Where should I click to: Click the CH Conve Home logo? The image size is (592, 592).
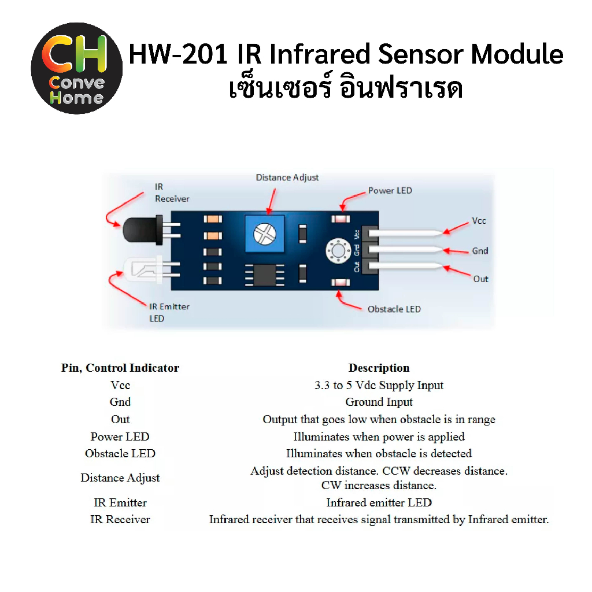point(77,68)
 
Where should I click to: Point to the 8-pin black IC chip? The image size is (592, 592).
point(264,273)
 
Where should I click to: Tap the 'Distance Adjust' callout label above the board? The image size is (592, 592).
point(287,177)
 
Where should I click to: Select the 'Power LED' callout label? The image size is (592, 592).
point(390,190)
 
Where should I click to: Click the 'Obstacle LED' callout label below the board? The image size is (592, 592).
point(394,309)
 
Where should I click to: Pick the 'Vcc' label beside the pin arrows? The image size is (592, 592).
point(479,221)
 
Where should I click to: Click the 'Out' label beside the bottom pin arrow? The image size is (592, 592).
point(481,279)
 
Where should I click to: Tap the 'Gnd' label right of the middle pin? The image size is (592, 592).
point(480,251)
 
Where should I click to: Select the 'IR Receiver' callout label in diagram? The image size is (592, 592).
point(171,193)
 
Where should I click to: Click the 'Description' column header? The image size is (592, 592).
point(379,368)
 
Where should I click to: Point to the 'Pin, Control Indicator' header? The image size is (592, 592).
point(120,368)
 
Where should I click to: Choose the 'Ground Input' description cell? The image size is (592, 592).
point(379,402)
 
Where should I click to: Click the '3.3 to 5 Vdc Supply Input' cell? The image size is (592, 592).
point(379,385)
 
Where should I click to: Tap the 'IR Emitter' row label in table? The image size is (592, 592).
point(120,502)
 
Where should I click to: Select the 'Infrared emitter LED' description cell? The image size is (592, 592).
point(379,502)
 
